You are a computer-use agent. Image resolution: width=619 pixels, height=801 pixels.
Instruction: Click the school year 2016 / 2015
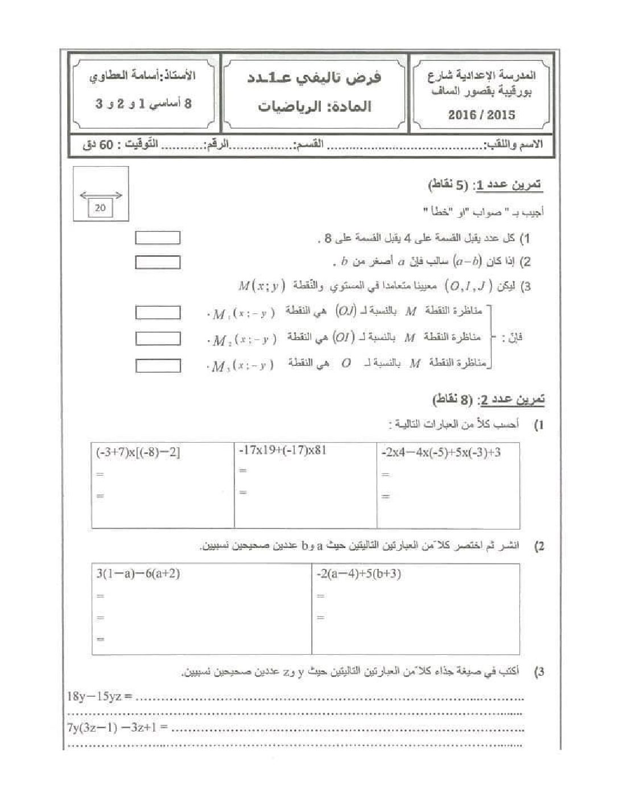click(x=481, y=115)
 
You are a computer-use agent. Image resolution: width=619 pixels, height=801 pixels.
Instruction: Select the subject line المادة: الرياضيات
click(x=314, y=106)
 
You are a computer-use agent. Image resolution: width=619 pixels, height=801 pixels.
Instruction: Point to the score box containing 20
click(x=101, y=208)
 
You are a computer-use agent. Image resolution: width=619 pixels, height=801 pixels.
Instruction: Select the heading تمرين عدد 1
click(x=486, y=185)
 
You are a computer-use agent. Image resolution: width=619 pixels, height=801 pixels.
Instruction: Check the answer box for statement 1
click(x=158, y=238)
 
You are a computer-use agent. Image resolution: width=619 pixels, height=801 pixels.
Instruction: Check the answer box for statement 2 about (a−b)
click(x=158, y=262)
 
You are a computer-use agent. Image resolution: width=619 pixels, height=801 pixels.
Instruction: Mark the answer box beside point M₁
click(x=158, y=312)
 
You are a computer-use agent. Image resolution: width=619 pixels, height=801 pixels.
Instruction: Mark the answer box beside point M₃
click(x=158, y=365)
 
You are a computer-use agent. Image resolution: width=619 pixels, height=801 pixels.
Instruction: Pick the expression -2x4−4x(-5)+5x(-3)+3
click(x=441, y=453)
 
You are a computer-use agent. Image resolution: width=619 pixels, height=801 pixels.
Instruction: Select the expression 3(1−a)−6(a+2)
click(x=138, y=574)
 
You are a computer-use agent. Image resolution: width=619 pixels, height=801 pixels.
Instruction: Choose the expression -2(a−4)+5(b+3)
click(x=358, y=574)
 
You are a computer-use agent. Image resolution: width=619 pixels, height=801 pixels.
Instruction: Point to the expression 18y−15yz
click(x=100, y=696)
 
